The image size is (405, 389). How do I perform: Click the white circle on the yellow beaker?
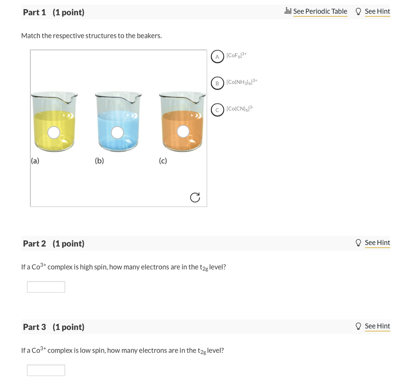tap(54, 133)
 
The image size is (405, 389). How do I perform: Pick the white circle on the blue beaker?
tap(117, 133)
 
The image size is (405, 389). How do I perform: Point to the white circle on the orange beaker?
tap(183, 131)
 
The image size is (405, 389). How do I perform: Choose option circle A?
tap(217, 57)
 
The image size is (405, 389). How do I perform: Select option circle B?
tap(217, 83)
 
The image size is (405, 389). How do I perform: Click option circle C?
tap(217, 110)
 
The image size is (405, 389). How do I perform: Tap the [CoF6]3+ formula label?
tap(236, 55)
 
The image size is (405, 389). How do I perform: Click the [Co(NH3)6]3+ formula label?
tap(242, 82)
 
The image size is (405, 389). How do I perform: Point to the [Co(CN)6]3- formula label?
tap(240, 108)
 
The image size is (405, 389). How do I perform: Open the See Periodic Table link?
tap(320, 11)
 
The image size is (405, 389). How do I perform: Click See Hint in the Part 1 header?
tap(377, 11)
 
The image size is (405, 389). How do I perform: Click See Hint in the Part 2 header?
tap(377, 243)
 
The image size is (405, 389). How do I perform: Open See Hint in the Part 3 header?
tap(377, 326)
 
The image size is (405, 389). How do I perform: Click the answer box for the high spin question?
tap(46, 287)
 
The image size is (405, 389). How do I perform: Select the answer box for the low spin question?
tap(46, 370)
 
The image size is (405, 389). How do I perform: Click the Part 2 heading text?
tap(54, 243)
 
